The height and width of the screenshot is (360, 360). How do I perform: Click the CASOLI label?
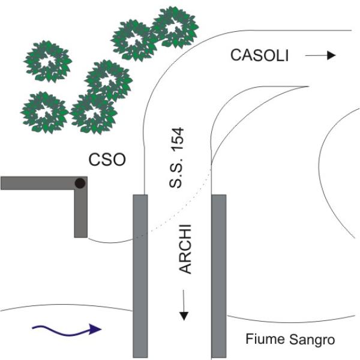[260, 56]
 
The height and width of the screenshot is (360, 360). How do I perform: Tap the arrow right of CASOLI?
[320, 56]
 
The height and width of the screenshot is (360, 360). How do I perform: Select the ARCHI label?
[185, 249]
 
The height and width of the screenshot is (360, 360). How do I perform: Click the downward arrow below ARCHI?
[185, 307]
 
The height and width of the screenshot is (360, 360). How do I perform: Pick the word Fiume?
[261, 340]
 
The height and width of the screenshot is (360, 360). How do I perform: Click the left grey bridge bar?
[139, 276]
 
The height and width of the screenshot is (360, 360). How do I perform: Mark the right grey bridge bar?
[218, 276]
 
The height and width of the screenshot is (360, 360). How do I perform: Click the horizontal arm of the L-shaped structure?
[36, 183]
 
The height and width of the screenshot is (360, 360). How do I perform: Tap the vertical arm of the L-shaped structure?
[80, 213]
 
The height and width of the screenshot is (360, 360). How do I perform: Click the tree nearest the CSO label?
[93, 112]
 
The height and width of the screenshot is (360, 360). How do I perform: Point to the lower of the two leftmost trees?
[44, 112]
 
